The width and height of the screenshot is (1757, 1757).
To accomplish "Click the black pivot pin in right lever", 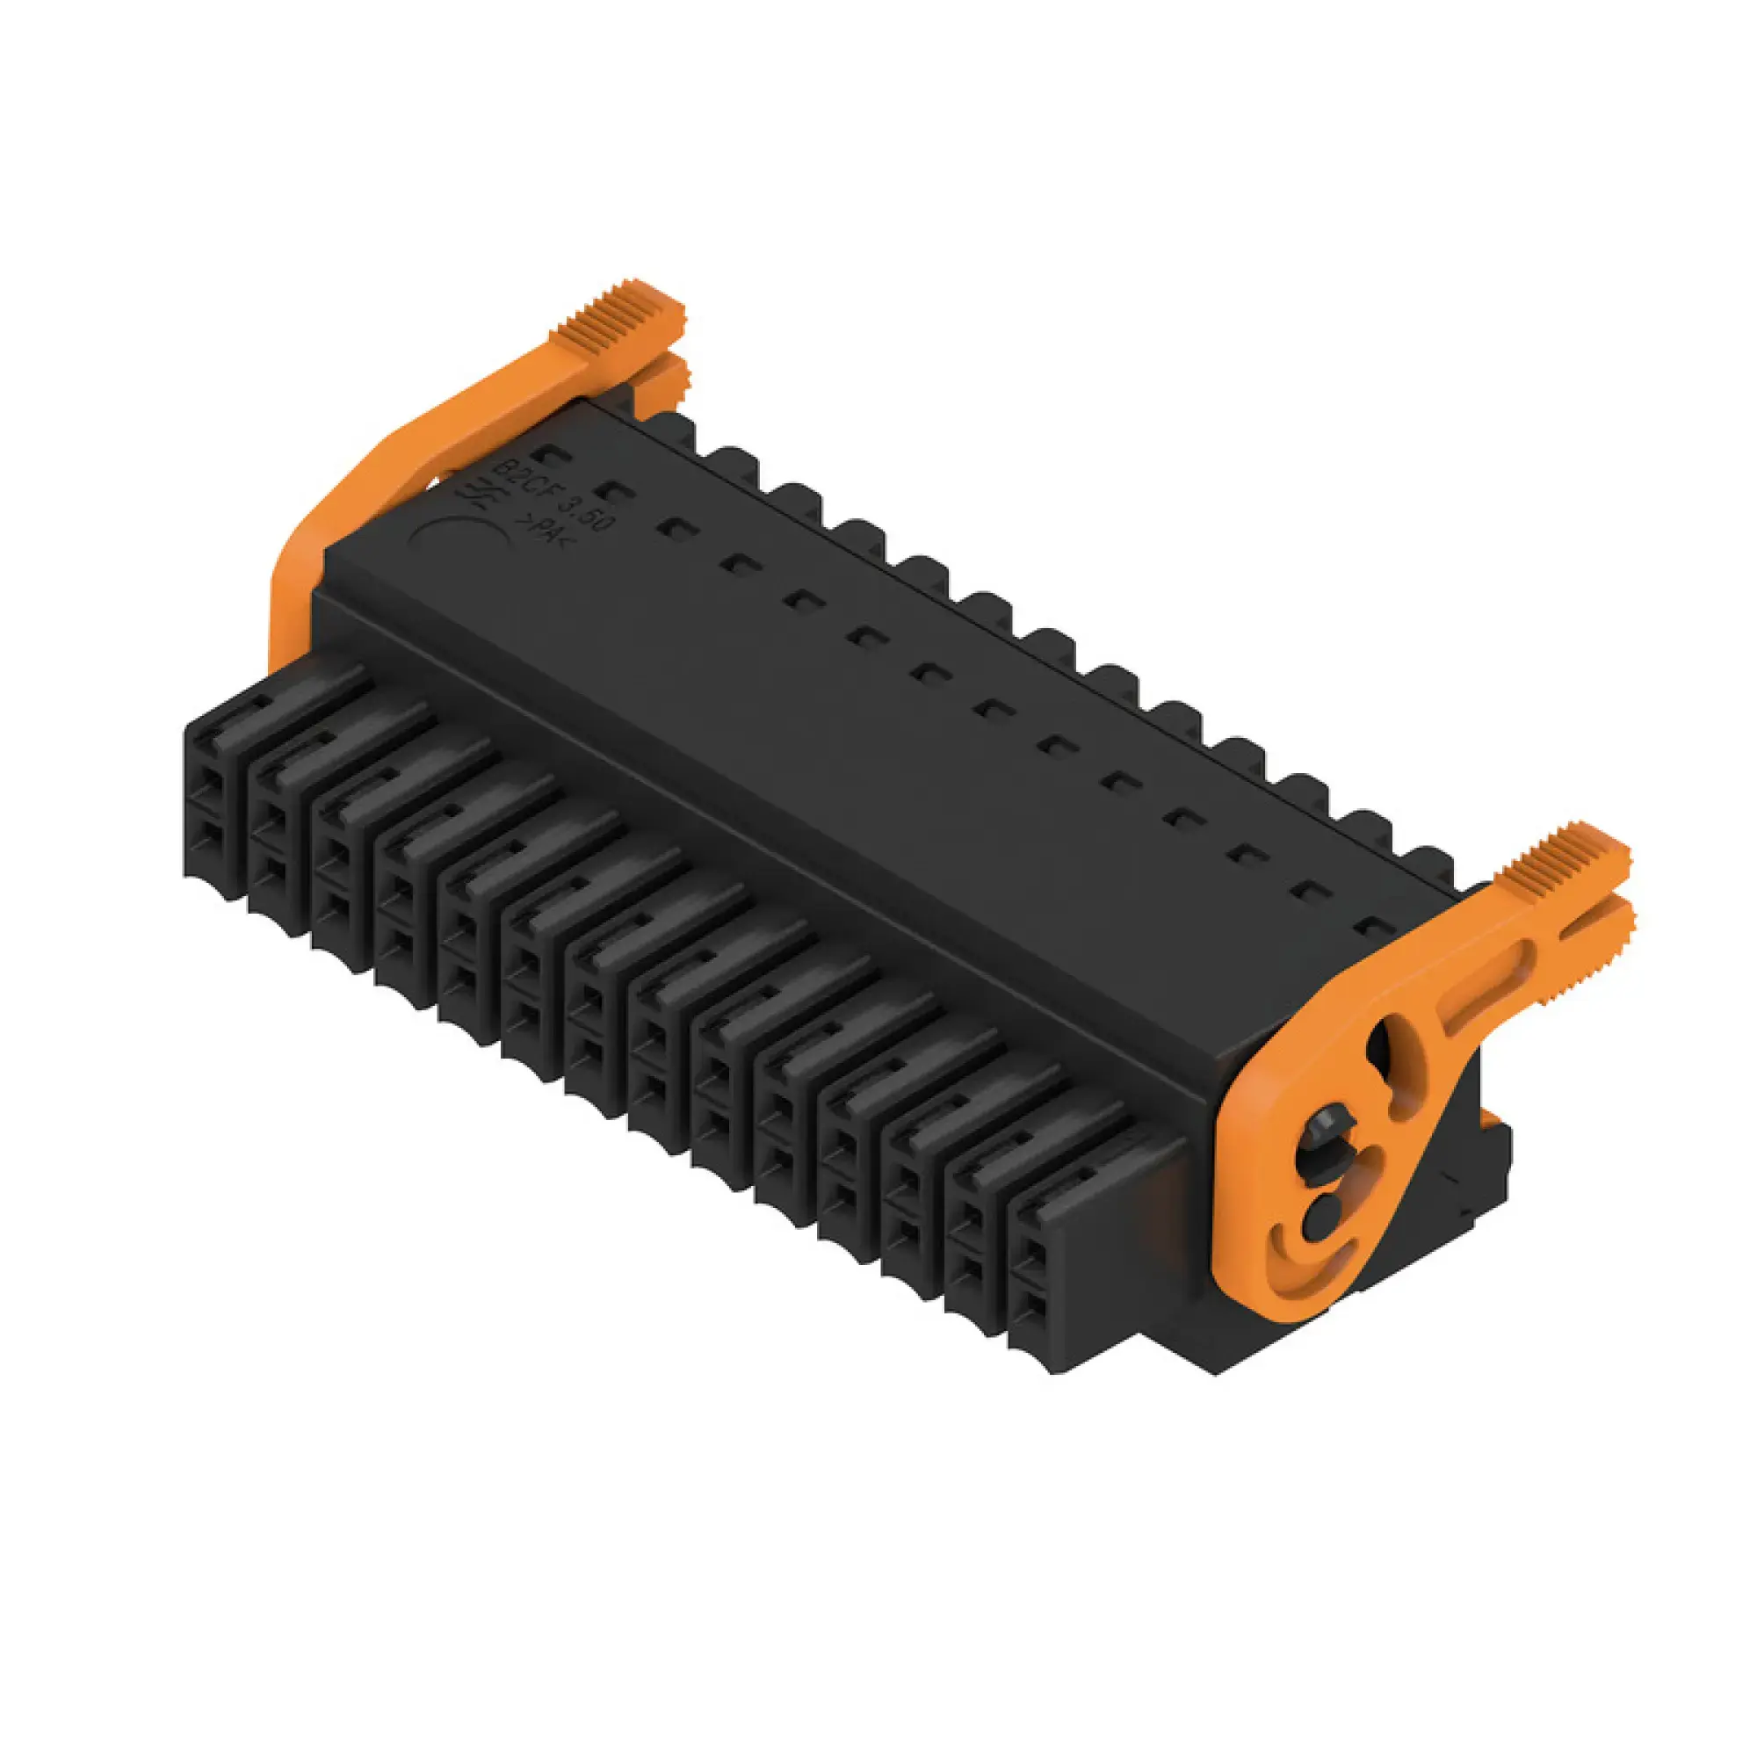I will [1322, 1148].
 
